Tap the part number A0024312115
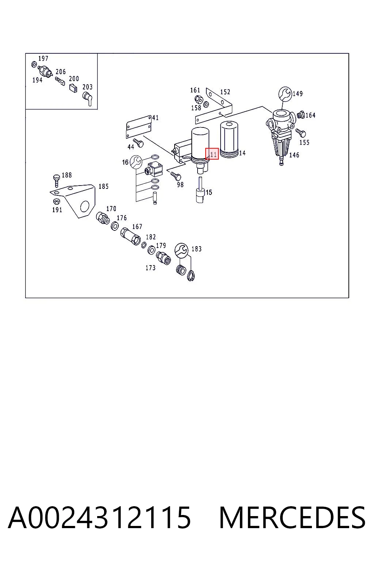(99, 518)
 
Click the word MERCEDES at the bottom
(292, 518)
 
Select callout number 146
(294, 155)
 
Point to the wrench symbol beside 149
(285, 94)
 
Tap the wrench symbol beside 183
(182, 250)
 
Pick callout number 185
(103, 186)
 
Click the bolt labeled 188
(57, 180)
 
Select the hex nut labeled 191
(56, 201)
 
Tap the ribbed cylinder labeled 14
(229, 139)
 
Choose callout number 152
(225, 92)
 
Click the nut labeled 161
(199, 99)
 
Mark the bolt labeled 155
(301, 133)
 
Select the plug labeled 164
(301, 115)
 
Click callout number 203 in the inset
(87, 87)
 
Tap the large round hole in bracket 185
(85, 206)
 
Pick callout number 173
(150, 268)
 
